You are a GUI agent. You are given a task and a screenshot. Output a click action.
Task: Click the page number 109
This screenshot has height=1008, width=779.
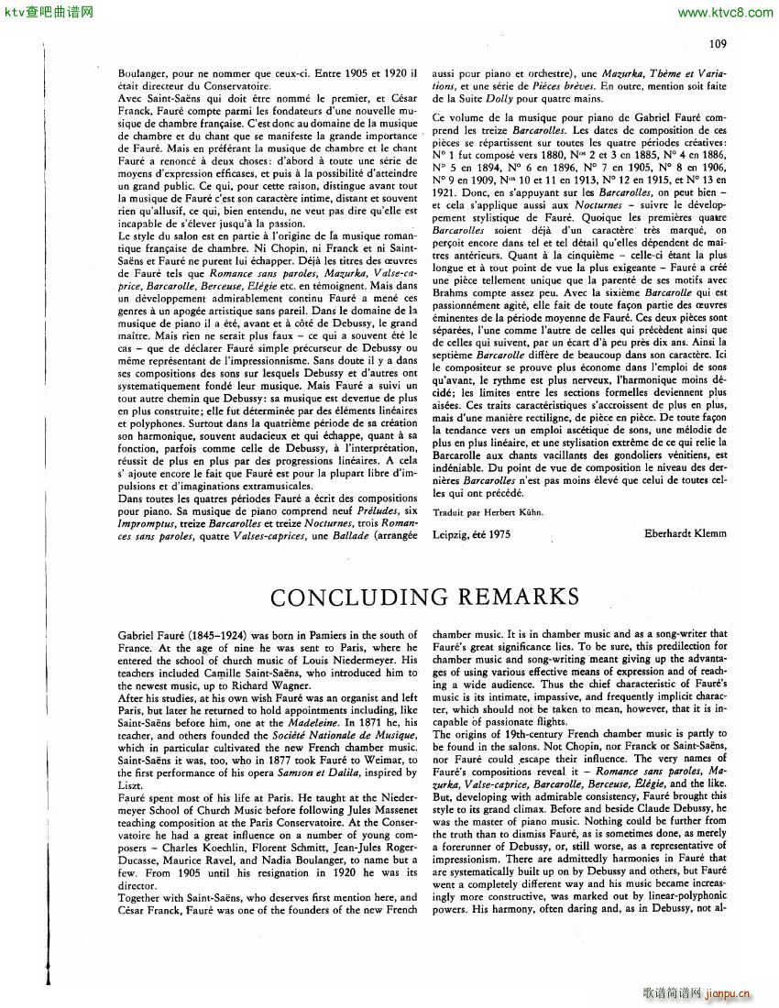718,43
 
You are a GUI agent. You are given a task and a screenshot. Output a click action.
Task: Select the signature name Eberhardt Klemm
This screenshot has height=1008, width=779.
684,532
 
